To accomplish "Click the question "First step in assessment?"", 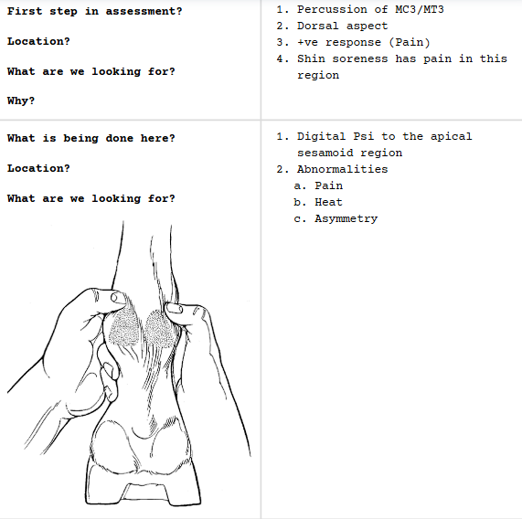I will (x=94, y=11).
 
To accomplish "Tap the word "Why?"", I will (x=21, y=101).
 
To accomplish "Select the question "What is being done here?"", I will (x=91, y=138).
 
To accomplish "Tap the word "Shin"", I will (x=312, y=58).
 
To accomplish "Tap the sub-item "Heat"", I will (x=329, y=202).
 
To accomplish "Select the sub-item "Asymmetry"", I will (x=346, y=218).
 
